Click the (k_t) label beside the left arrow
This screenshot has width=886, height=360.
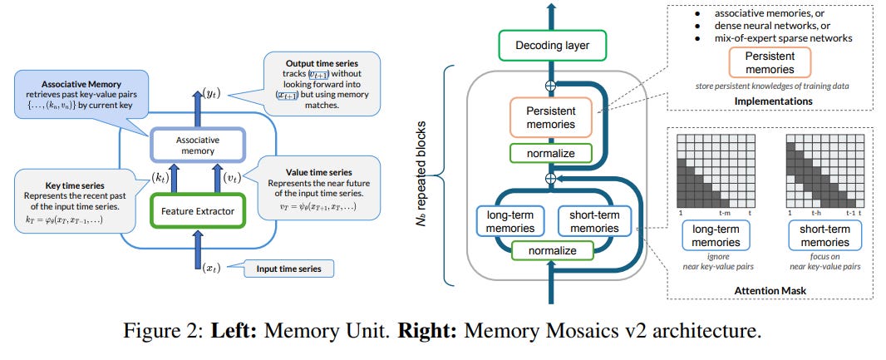[160, 179]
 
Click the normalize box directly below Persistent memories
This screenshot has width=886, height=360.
[549, 153]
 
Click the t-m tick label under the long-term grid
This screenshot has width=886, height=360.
[725, 213]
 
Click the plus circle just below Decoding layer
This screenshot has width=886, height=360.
[549, 86]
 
